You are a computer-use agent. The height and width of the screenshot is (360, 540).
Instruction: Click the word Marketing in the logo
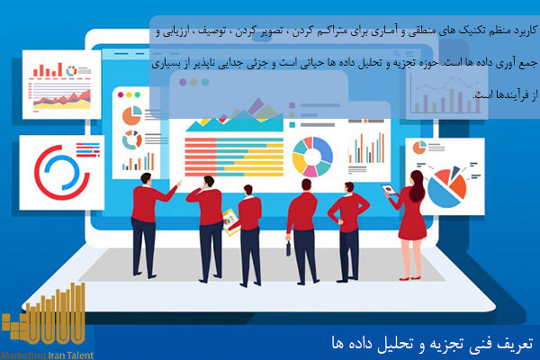point(22,355)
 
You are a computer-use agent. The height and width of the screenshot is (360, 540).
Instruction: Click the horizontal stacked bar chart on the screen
point(229,136)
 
